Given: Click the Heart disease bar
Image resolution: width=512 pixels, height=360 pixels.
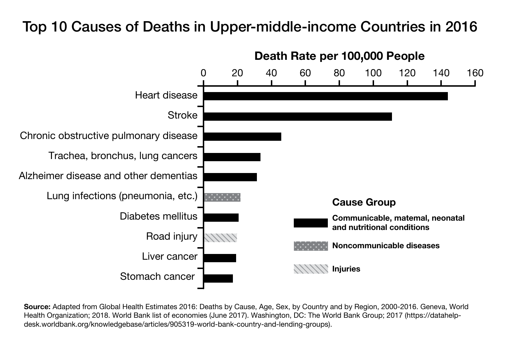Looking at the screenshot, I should [x=325, y=96].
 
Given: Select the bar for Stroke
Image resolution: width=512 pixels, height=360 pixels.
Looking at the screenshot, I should [x=297, y=116].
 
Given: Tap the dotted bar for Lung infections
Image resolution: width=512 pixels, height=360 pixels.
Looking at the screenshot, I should [x=222, y=197].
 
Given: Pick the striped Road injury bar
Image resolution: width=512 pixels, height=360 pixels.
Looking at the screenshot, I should [x=220, y=237].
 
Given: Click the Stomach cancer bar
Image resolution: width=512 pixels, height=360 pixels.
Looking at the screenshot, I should [x=218, y=278].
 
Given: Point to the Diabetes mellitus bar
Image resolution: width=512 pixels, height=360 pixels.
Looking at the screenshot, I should [x=221, y=217].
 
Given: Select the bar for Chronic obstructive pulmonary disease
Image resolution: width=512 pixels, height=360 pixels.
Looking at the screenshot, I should [x=242, y=136].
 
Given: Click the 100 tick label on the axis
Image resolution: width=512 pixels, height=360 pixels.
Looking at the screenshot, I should [x=373, y=73].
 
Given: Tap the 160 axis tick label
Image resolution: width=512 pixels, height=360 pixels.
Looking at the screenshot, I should [x=475, y=73].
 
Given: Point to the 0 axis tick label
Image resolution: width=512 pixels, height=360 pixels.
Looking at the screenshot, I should [x=204, y=73].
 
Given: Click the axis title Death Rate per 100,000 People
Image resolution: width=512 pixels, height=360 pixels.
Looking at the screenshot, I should [x=339, y=56].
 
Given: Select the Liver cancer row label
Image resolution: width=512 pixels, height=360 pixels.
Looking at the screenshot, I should [x=169, y=256].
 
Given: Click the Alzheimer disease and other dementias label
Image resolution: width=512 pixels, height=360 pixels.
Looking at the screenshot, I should [x=108, y=176].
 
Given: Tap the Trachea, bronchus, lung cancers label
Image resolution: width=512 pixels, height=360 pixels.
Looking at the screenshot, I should [x=123, y=156].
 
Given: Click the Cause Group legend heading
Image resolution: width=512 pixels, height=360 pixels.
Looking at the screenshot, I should [x=364, y=202].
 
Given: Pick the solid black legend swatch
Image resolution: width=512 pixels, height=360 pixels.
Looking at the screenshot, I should [x=311, y=223].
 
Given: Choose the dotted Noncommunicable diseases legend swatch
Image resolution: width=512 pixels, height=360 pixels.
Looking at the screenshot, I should [x=311, y=246].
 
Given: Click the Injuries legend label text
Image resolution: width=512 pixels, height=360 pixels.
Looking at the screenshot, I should [x=346, y=269].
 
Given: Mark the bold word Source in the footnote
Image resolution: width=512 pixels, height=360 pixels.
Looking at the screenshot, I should [x=37, y=307].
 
